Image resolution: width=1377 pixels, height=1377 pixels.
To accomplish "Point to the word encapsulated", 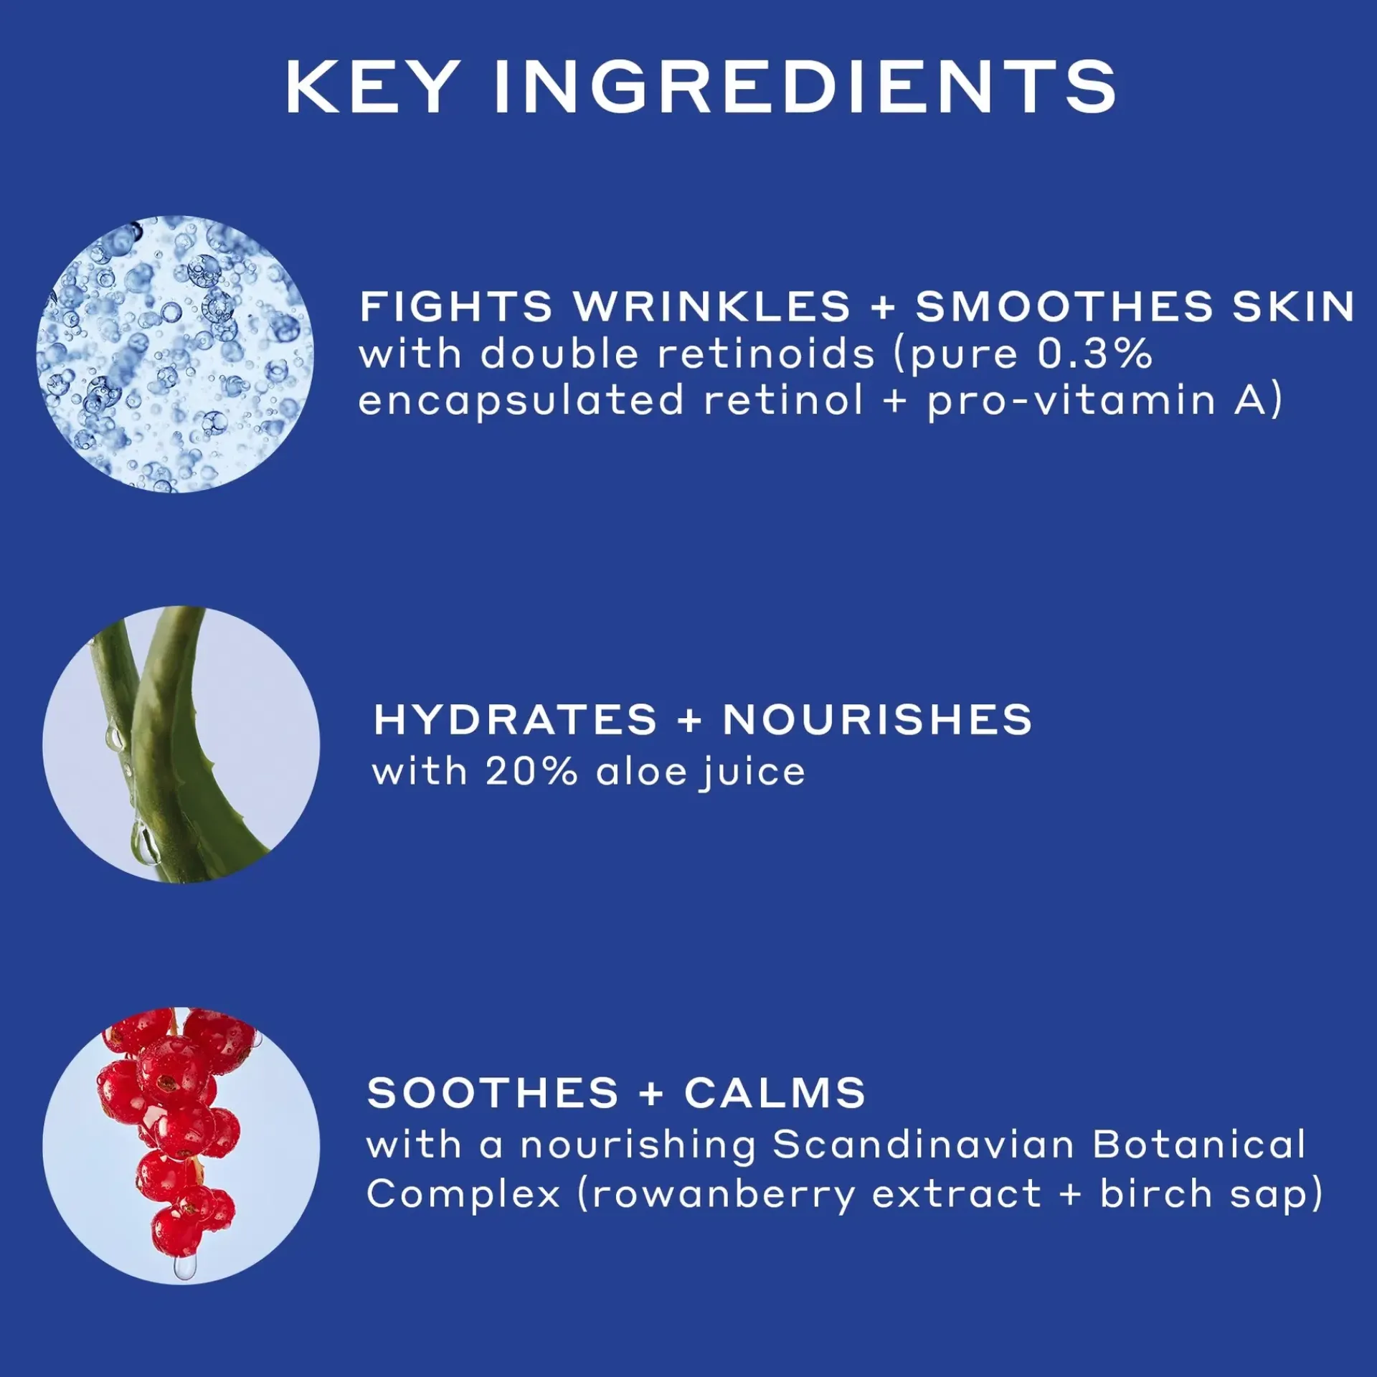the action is [521, 402].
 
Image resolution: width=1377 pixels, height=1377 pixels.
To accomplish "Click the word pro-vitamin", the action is [1071, 402].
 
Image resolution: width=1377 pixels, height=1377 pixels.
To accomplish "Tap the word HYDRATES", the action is [515, 719].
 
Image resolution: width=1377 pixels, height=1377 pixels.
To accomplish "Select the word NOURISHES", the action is [877, 719].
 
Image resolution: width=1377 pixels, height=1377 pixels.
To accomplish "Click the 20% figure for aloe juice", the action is [531, 772].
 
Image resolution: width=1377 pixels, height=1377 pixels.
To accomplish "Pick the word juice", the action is [752, 773].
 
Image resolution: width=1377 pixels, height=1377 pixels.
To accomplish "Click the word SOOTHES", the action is [493, 1093].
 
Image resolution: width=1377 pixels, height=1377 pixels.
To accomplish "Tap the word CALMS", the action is [775, 1093].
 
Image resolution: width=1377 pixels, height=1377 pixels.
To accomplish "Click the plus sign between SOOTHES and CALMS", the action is [651, 1094].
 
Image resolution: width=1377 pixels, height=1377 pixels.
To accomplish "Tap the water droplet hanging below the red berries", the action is [184, 1265].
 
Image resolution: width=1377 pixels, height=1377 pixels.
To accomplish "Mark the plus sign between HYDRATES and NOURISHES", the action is [689, 720].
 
